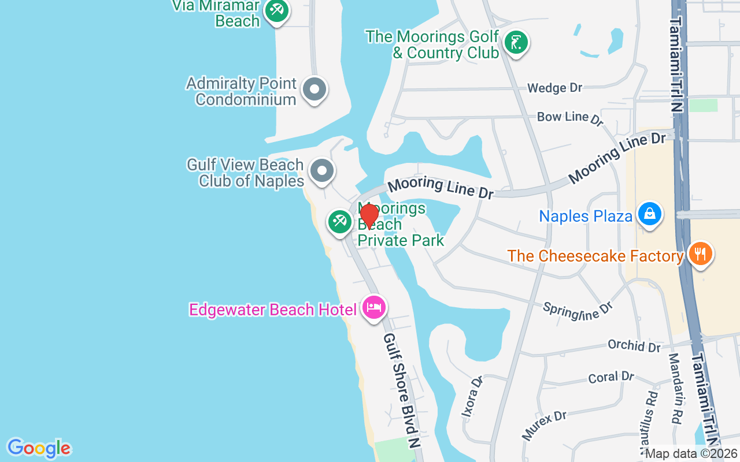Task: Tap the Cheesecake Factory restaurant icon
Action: click(x=700, y=255)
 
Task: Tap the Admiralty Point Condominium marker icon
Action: click(x=314, y=90)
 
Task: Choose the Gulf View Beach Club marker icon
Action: click(x=321, y=171)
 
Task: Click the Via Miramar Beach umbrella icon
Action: click(x=277, y=11)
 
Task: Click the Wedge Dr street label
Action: click(x=554, y=88)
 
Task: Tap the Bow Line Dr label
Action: click(x=570, y=118)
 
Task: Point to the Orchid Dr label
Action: click(x=634, y=345)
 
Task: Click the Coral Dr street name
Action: click(x=611, y=377)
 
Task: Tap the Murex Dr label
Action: click(x=544, y=424)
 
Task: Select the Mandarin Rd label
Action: click(x=675, y=381)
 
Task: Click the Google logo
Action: click(x=39, y=448)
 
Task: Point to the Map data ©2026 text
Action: click(x=691, y=454)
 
